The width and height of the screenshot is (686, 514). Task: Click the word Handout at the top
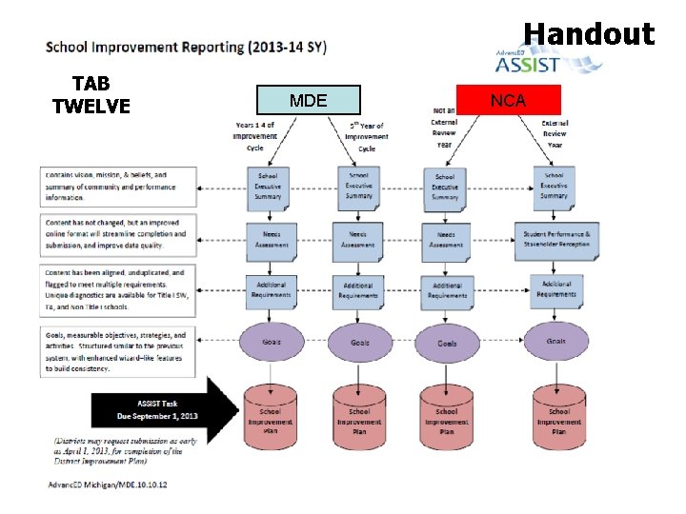click(x=589, y=35)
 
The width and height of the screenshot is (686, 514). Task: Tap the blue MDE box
click(x=308, y=100)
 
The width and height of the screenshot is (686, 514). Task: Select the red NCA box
click(x=508, y=99)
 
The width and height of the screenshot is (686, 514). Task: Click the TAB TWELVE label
click(x=91, y=93)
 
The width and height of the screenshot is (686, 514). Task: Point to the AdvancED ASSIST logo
click(x=548, y=62)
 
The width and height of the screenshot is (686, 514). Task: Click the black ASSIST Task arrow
click(x=164, y=410)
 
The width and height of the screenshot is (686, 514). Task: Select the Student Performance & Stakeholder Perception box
click(x=555, y=239)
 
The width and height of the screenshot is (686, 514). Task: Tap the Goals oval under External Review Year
click(x=555, y=341)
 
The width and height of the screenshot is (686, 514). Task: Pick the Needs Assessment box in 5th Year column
click(x=358, y=239)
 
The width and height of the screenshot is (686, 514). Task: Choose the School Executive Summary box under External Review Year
click(x=555, y=185)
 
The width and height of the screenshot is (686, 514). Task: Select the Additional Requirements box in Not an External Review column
click(x=447, y=290)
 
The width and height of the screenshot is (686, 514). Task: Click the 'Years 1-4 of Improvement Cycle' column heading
click(x=254, y=136)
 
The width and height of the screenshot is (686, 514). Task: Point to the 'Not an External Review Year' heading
click(x=444, y=128)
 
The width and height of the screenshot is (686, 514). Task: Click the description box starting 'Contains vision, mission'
click(x=118, y=187)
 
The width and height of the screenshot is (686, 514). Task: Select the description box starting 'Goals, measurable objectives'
click(x=118, y=350)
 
